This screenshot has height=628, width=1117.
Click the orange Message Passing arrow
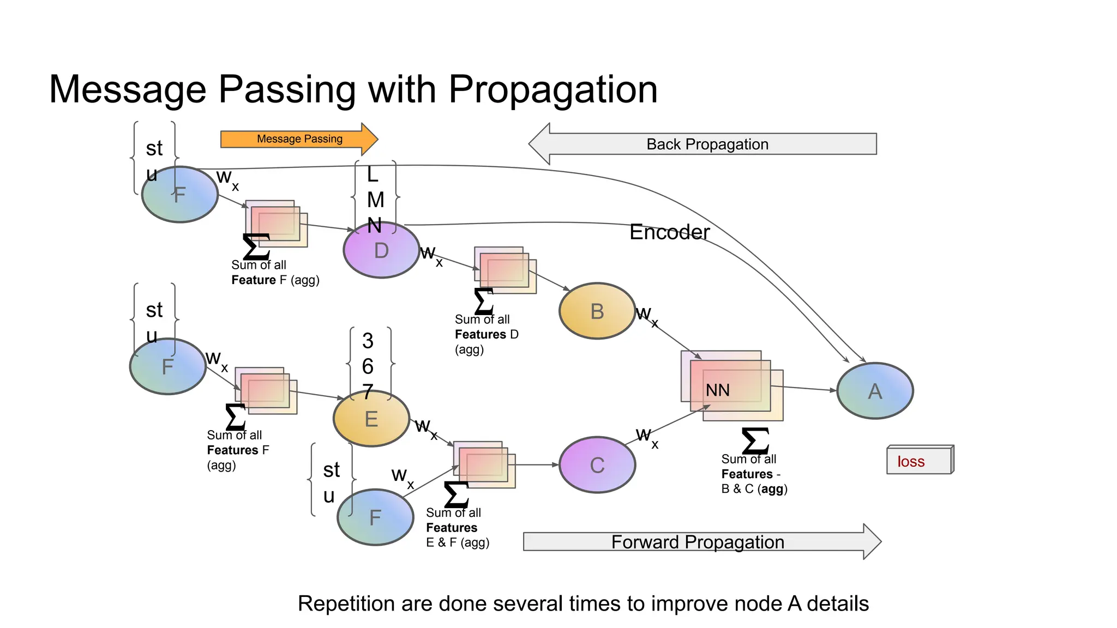point(299,139)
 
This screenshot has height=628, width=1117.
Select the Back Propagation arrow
point(707,144)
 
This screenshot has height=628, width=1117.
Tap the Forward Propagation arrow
point(698,542)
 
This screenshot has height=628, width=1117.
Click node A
point(875,391)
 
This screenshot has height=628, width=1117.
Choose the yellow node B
point(597,311)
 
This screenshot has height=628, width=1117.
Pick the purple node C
point(597,465)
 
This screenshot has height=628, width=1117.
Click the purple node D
point(381,251)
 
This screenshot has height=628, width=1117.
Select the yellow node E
point(371,419)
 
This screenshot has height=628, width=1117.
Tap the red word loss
point(911,462)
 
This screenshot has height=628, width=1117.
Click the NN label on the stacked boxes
point(717,390)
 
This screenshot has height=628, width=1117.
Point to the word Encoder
point(669,232)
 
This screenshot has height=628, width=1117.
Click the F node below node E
point(375,517)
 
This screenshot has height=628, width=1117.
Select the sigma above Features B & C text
point(755,441)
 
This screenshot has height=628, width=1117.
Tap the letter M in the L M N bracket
point(375,200)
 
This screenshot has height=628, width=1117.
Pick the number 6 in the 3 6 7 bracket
point(368,366)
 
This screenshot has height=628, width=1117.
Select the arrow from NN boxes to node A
point(804,388)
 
